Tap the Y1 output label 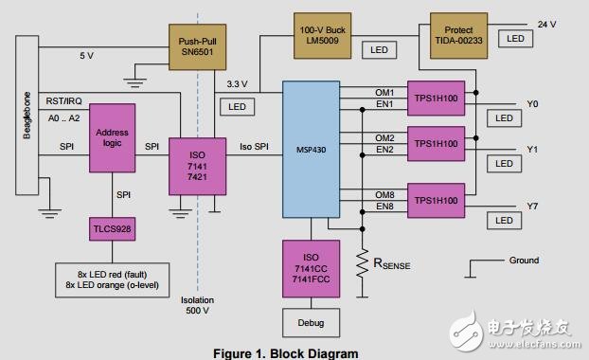[531, 150]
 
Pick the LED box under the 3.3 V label [237, 107]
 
